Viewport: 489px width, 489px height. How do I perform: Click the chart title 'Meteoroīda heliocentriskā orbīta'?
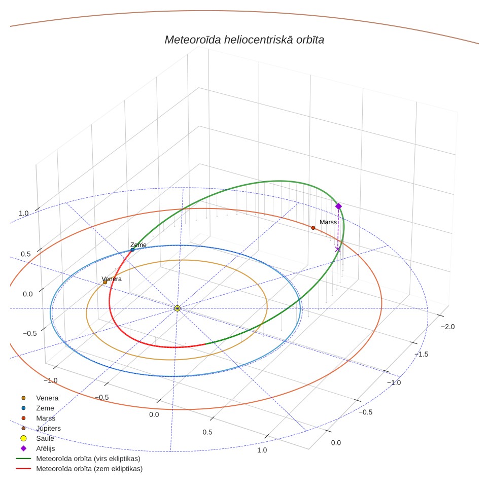pos(244,40)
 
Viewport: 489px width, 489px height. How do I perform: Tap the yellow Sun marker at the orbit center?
pos(178,308)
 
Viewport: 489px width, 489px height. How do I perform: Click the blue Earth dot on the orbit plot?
pos(132,250)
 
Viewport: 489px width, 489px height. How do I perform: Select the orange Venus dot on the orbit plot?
pos(105,283)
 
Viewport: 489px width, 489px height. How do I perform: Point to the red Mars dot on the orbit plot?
pos(313,228)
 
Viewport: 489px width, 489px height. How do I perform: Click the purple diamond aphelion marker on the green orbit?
pos(338,206)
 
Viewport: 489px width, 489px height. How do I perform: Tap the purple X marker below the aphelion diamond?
pos(337,249)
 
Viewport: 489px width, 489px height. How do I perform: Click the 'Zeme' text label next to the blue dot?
pos(138,245)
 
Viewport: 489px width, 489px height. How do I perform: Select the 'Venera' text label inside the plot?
pos(112,279)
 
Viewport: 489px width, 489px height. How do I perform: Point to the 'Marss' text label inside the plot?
pos(328,222)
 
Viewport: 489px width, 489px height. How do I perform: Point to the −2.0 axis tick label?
pos(448,327)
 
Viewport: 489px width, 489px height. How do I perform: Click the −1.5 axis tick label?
pos(422,354)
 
